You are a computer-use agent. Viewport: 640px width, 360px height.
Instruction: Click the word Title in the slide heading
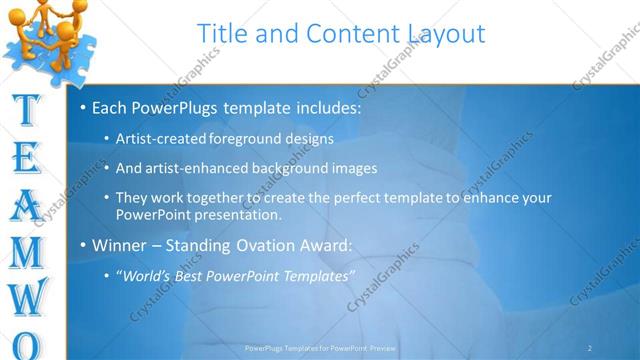click(223, 33)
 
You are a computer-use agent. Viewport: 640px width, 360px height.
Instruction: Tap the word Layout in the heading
click(444, 33)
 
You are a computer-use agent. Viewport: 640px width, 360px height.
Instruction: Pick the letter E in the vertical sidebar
click(29, 159)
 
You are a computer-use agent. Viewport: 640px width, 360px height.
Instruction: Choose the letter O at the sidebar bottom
click(30, 345)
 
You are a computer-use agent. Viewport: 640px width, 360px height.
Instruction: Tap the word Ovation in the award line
click(269, 245)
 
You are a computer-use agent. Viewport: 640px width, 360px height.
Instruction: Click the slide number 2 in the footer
click(590, 348)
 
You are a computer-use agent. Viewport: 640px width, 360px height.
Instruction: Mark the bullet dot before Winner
click(82, 245)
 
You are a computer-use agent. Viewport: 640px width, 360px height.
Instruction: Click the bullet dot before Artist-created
click(108, 139)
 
